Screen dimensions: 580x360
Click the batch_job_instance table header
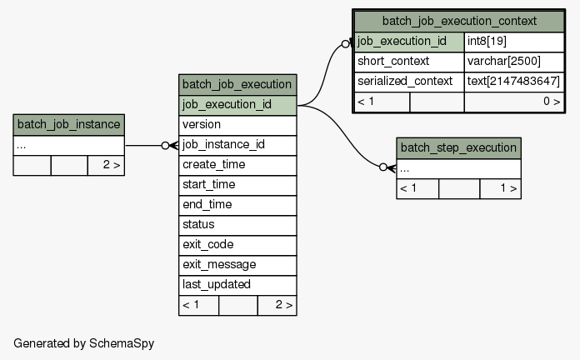(69, 125)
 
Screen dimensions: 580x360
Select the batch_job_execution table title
(237, 85)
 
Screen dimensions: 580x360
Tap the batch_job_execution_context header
(459, 22)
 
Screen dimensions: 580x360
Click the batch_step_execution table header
(458, 148)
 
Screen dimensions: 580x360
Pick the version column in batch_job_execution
(237, 125)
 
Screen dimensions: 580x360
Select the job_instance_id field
(237, 145)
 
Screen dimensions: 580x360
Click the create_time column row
(237, 165)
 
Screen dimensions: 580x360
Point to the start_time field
(237, 185)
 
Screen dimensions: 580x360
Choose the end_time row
(237, 205)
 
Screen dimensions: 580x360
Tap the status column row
(237, 225)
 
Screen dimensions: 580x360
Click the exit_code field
(237, 245)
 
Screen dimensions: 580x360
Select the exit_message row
(237, 265)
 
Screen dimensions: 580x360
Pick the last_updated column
(237, 285)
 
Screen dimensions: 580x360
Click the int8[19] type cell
(514, 42)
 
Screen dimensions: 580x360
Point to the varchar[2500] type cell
(514, 62)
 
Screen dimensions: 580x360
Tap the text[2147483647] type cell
(514, 82)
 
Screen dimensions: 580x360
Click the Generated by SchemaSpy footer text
(83, 343)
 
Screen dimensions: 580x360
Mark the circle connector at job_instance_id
(165, 145)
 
